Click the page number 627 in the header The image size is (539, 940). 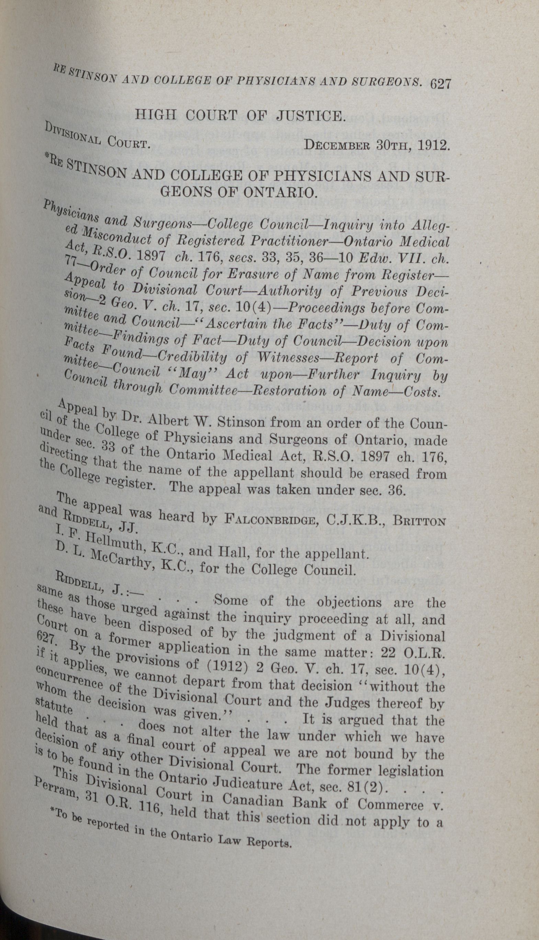(440, 84)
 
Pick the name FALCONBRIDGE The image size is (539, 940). (269, 520)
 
